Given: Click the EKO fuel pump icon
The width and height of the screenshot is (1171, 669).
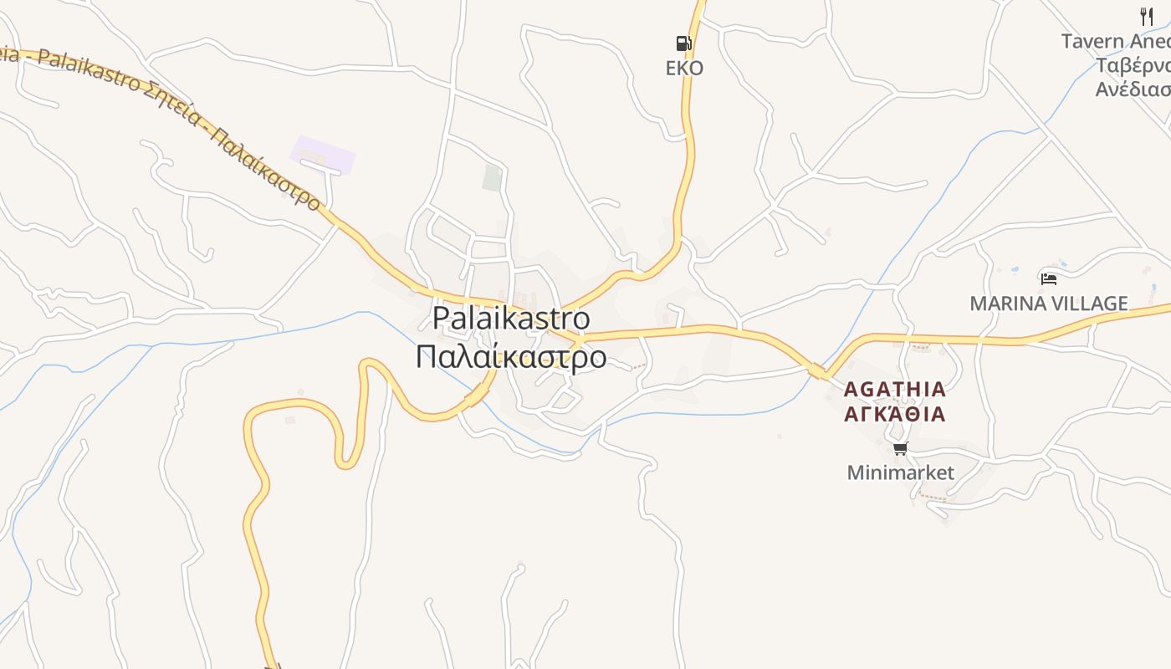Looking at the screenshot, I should tap(683, 43).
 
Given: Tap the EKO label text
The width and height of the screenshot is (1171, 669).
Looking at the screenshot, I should tap(684, 69).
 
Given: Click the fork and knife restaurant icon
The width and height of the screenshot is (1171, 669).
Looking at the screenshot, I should tap(1147, 16).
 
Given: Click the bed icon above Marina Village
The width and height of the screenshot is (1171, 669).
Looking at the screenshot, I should tap(1048, 278).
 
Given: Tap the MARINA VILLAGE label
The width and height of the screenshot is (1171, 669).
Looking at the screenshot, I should tap(1049, 304).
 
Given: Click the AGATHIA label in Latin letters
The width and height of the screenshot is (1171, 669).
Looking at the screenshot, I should tap(894, 389).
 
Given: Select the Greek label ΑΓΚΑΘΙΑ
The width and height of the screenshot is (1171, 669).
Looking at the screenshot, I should tap(894, 413).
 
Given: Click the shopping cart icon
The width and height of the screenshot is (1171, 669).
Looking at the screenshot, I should tap(900, 449).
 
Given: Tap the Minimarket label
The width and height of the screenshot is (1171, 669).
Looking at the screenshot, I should tap(900, 472).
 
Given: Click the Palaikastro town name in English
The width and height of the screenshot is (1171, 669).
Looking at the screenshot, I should tap(511, 319).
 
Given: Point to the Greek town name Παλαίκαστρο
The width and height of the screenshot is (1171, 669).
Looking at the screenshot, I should tap(511, 356).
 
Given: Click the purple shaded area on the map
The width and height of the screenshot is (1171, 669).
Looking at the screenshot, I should tap(323, 155).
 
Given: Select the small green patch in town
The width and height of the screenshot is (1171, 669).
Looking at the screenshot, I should tap(492, 177).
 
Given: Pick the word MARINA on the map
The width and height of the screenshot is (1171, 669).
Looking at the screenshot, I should tap(1002, 304).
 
